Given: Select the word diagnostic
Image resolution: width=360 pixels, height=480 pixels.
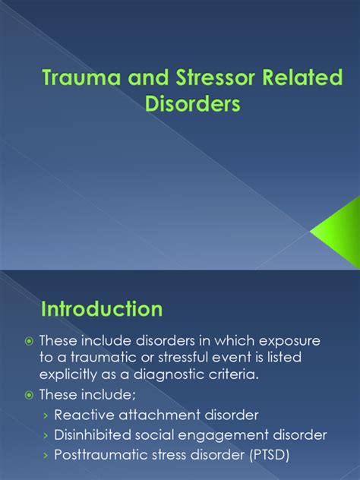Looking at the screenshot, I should pyautogui.click(x=197, y=377).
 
